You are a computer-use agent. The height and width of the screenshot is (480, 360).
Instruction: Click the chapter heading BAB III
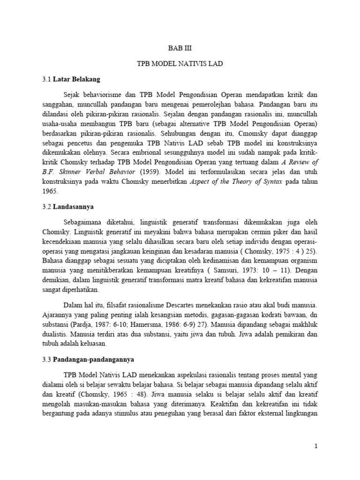(x=180, y=48)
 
